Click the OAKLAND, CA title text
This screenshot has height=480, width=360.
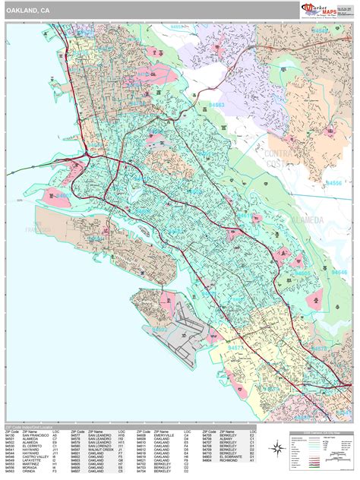(x=30, y=11)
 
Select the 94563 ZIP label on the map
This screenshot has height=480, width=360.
(x=217, y=105)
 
